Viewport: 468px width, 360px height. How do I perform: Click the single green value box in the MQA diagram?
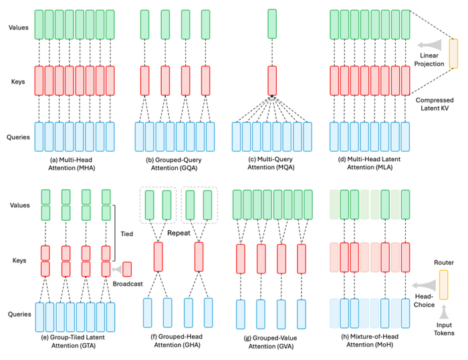tap(272, 24)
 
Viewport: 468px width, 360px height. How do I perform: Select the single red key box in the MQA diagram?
tap(272, 81)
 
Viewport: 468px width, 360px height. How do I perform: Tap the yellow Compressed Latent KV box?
tap(453, 54)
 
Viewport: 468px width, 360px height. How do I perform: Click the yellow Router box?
tap(443, 284)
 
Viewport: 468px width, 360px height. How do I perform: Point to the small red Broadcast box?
tap(127, 269)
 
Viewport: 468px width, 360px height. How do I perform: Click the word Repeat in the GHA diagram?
tap(179, 233)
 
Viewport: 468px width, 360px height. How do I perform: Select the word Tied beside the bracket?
tap(127, 234)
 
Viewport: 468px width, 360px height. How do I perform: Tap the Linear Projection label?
tap(429, 60)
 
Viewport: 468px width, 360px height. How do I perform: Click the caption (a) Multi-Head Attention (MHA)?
tap(72, 164)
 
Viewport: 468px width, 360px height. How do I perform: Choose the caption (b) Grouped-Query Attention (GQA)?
tap(174, 164)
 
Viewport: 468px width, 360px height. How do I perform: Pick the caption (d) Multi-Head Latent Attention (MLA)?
tap(370, 163)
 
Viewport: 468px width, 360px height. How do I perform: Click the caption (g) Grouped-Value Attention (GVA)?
tap(271, 342)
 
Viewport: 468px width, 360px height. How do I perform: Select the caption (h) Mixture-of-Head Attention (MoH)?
tap(370, 341)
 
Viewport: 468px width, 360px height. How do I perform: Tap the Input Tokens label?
tap(444, 329)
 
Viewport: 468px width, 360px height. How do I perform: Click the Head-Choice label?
tap(424, 300)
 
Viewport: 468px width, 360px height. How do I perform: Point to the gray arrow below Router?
tap(444, 312)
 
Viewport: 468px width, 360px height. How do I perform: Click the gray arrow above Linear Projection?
tap(429, 45)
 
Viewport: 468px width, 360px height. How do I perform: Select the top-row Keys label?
tap(18, 82)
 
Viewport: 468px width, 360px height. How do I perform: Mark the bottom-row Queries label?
tap(19, 314)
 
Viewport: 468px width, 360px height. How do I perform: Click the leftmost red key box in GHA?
tap(158, 257)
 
